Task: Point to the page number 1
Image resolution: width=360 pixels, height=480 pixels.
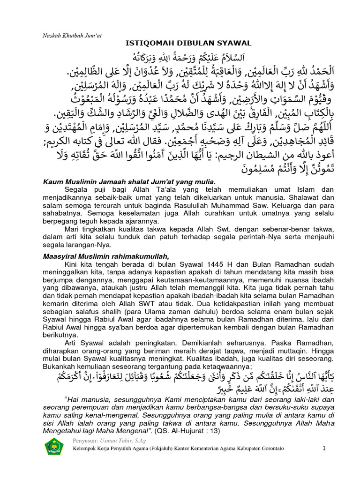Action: click(323, 448)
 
